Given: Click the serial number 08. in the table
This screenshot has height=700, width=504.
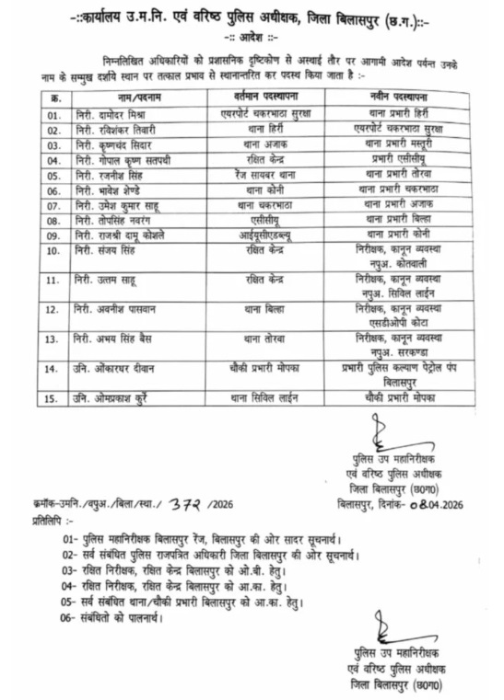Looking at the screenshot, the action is click(x=54, y=221).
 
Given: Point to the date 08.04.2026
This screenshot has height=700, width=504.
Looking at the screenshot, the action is click(x=433, y=503).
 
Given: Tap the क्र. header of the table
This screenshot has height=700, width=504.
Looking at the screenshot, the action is click(x=54, y=97).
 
